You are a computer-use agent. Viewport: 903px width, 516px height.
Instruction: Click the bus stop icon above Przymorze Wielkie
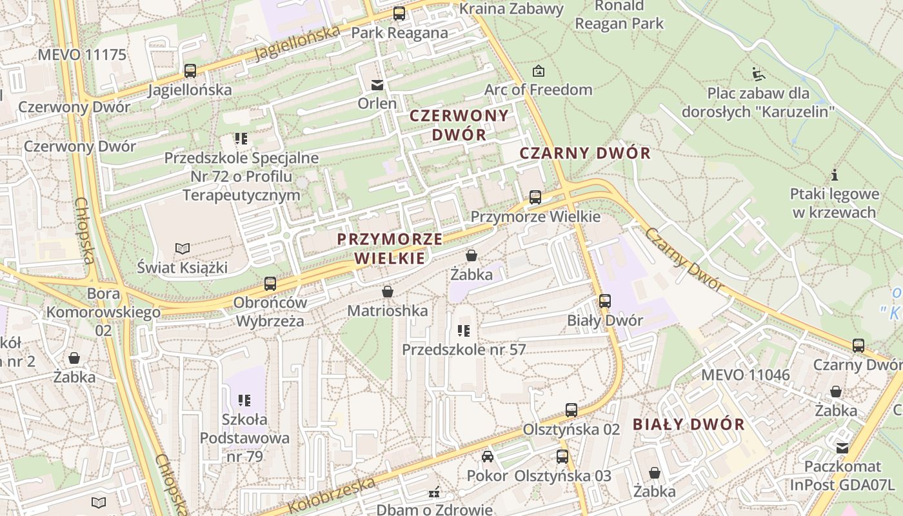tap(535, 197)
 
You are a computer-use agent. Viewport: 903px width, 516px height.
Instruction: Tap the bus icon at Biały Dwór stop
tap(604, 301)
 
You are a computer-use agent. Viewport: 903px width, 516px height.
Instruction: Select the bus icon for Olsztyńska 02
tap(571, 410)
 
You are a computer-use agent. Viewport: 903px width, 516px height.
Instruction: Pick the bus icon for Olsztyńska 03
tap(562, 457)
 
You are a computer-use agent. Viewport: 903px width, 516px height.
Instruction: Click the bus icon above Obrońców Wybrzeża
tap(270, 283)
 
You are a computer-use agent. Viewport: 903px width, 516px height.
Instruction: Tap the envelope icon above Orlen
tap(377, 84)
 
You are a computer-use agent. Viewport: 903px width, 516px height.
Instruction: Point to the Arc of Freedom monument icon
tap(538, 71)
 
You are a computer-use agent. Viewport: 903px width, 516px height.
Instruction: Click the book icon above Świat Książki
tap(183, 248)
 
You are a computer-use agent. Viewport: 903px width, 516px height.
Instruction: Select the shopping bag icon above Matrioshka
tap(387, 292)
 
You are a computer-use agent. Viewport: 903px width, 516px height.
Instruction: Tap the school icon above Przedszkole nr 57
tap(463, 331)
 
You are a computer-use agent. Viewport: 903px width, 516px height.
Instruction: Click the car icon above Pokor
tap(488, 457)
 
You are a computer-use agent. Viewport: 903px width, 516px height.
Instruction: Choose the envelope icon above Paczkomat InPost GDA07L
tap(842, 448)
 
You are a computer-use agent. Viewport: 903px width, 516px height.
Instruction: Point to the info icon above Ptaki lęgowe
tap(835, 175)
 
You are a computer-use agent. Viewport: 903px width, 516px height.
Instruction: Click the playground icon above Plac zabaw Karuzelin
tap(758, 74)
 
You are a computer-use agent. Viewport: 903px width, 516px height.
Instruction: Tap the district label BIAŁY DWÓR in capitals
tap(689, 424)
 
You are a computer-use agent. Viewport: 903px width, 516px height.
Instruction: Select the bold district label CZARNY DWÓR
tap(585, 154)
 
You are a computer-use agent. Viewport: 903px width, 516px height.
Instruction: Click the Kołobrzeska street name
tap(332, 494)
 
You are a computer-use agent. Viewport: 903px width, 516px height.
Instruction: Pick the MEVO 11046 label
tap(745, 375)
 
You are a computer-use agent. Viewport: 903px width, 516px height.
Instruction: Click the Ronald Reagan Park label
tap(619, 15)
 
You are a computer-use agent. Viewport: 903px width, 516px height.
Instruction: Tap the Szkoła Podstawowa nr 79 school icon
tap(244, 401)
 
